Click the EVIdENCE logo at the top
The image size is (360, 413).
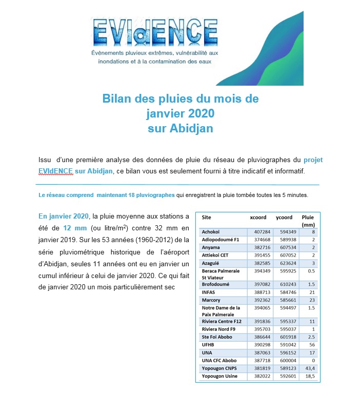pyautogui.click(x=153, y=41)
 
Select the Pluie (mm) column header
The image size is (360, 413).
pyautogui.click(x=308, y=221)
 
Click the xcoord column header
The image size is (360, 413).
pyautogui.click(x=258, y=217)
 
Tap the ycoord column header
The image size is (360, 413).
pyautogui.click(x=284, y=217)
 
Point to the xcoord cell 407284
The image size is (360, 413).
pyautogui.click(x=258, y=232)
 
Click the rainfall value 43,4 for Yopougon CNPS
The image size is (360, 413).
pyautogui.click(x=309, y=368)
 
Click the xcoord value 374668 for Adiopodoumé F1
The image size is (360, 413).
pyautogui.click(x=258, y=240)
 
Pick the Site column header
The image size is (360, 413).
pyautogui.click(x=206, y=217)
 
